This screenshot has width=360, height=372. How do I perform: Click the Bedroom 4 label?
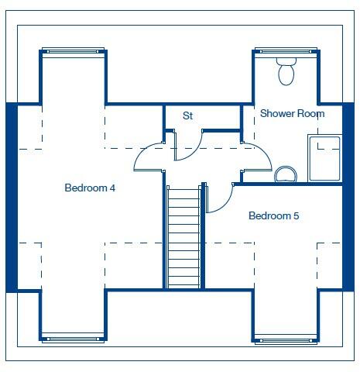pos(90,188)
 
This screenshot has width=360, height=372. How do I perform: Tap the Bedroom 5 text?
pos(273,215)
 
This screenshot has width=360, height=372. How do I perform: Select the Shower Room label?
pos(292,114)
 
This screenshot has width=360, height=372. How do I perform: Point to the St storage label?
pos(187,116)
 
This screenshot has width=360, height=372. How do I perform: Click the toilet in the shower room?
pos(286,72)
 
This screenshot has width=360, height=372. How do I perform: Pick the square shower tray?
pos(324,158)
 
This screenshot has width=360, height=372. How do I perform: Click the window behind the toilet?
pos(286,52)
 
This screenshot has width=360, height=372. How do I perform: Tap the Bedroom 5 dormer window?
pos(286,338)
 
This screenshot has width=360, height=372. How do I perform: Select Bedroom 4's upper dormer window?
pos(73,52)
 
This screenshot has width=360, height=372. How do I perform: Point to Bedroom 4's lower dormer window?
pos(73,338)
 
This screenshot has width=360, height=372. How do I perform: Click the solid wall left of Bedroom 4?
pos(12,198)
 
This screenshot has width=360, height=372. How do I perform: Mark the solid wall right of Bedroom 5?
pos(348,198)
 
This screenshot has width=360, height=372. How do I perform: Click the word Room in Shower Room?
pos(310,114)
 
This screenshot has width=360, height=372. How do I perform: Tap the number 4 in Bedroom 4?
pos(112,188)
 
